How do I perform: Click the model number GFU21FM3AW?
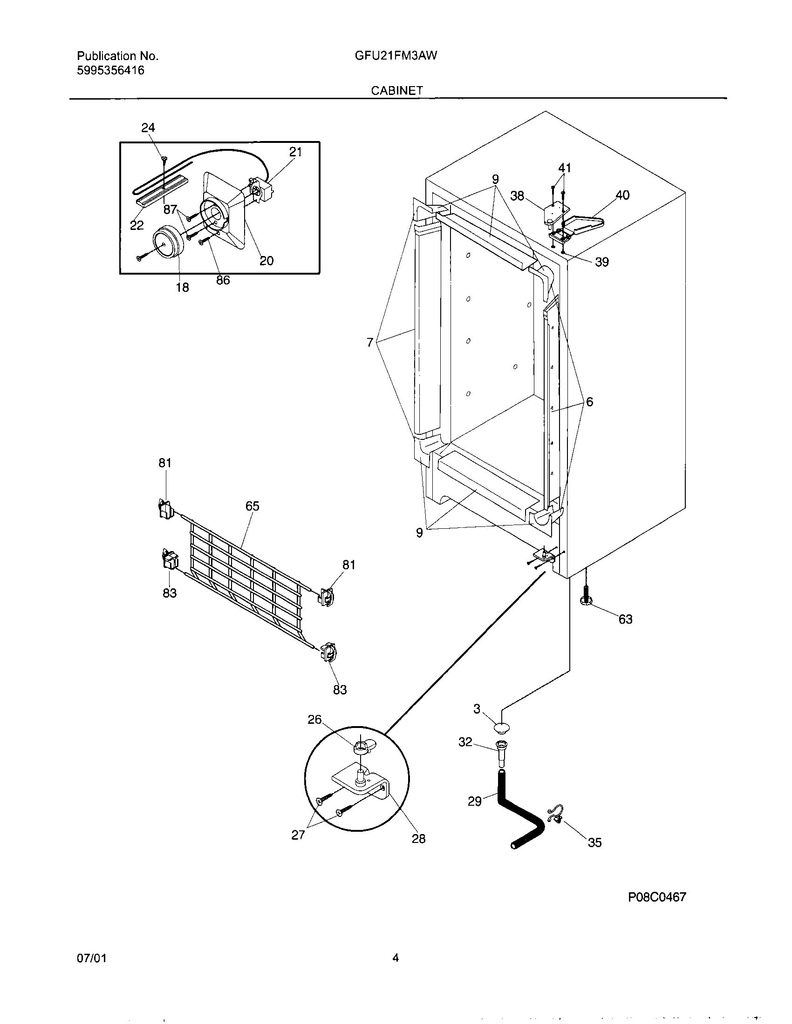(396, 56)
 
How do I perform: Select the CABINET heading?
(397, 90)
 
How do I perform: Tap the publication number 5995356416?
(111, 71)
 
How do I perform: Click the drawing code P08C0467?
(657, 897)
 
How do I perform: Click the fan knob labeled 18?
(167, 241)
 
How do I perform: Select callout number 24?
(148, 128)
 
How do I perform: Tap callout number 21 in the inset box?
(295, 152)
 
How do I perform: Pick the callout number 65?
(253, 506)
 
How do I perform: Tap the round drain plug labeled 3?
(501, 728)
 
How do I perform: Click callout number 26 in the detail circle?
(314, 719)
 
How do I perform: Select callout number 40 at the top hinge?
(622, 195)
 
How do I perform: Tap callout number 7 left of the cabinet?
(370, 343)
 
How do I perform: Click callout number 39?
(602, 262)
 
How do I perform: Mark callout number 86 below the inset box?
(223, 280)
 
